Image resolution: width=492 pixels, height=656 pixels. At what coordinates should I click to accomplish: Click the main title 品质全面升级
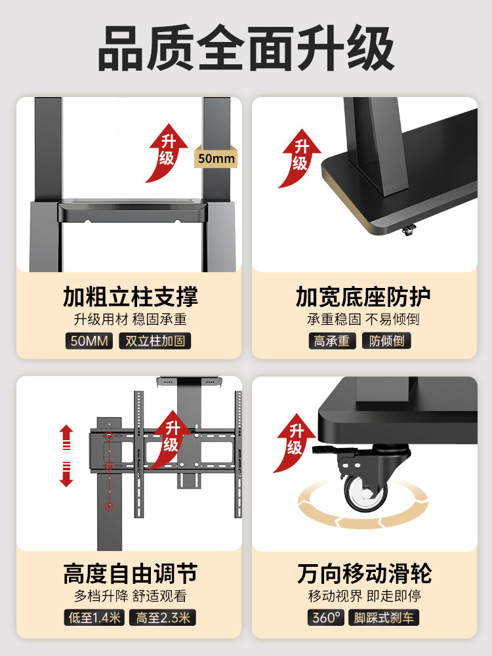coord(246,49)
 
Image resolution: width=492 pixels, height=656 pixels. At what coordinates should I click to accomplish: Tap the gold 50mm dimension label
coord(216,159)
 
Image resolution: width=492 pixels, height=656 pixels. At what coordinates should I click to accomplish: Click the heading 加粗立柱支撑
coord(130,297)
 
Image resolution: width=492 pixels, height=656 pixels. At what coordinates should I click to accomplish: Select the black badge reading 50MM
coord(89,341)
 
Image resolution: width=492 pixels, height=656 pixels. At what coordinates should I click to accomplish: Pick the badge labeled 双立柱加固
coord(155,341)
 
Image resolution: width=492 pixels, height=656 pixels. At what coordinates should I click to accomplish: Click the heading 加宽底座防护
coord(363,297)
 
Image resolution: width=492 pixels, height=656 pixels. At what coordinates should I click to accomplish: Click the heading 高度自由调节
coord(130,574)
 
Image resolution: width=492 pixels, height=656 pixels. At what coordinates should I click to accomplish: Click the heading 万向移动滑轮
coord(363,574)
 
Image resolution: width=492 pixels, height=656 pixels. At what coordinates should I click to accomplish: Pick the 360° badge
coord(326,617)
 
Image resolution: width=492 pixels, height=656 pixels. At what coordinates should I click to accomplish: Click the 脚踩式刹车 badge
coord(385,617)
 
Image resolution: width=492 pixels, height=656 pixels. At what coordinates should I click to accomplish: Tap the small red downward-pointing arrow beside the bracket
coord(66,474)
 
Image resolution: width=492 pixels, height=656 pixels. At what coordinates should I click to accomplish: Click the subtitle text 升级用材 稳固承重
coord(130,319)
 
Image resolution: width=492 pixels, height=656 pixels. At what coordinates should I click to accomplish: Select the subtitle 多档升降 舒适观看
coord(130,596)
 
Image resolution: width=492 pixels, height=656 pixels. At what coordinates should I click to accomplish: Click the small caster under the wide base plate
coord(409,230)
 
